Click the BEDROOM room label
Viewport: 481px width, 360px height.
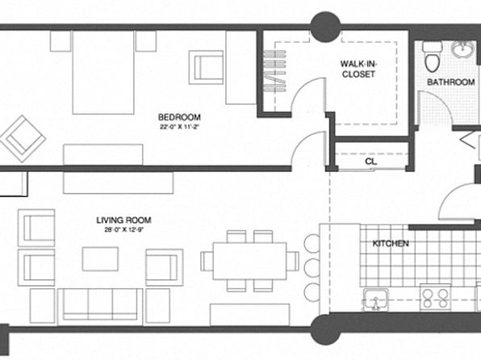tap(179, 117)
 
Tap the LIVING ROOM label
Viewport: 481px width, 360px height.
tap(124, 220)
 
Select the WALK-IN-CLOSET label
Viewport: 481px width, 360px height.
tap(358, 69)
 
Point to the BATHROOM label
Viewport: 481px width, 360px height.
tap(451, 82)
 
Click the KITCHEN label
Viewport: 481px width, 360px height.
tap(391, 244)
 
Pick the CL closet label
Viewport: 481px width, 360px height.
tap(371, 161)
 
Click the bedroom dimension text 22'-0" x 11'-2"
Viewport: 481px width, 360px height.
tap(179, 127)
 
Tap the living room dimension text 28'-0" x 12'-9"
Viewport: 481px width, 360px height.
tap(124, 230)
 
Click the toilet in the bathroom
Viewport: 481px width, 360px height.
tap(433, 57)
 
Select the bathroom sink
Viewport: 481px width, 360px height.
tap(463, 50)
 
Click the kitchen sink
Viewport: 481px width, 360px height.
tap(375, 299)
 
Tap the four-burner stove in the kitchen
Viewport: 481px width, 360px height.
tap(435, 297)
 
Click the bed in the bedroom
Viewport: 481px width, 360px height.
tap(103, 73)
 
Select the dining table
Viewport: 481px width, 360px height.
tap(249, 262)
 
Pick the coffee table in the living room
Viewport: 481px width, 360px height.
tap(100, 259)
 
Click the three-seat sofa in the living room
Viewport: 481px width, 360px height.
tap(100, 307)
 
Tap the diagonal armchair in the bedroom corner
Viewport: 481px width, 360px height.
tap(23, 139)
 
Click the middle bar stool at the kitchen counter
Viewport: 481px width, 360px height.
tap(312, 268)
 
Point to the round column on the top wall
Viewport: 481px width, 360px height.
tap(326, 27)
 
